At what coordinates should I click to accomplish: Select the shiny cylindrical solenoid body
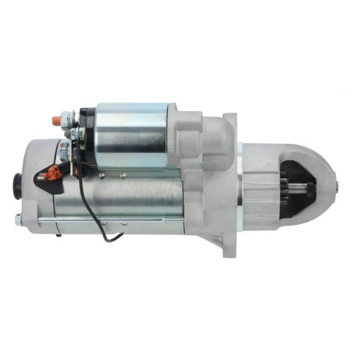click(x=132, y=134)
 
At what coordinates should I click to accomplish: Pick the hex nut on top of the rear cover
click(x=62, y=147)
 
